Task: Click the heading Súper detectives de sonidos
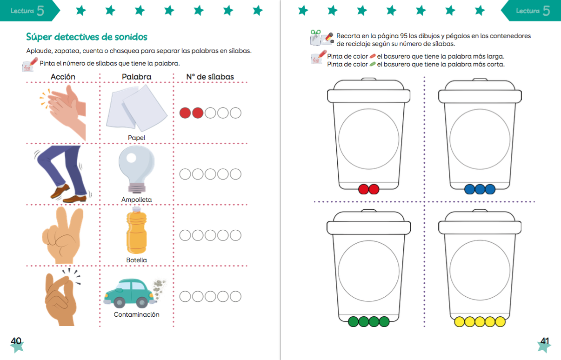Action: [87, 37]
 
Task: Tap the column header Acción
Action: [63, 77]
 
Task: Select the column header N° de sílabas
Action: [210, 77]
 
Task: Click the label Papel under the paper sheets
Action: [136, 138]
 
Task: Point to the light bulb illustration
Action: [136, 169]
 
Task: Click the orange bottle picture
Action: [136, 230]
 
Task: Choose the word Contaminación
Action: [136, 314]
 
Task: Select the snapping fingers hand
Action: [61, 298]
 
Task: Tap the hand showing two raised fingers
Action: [63, 235]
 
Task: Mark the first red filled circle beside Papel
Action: [185, 113]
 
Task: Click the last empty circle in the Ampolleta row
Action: [235, 174]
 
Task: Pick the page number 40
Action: [16, 341]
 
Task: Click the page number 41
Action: [545, 341]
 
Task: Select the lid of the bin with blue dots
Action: [480, 91]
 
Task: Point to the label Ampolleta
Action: [136, 200]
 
